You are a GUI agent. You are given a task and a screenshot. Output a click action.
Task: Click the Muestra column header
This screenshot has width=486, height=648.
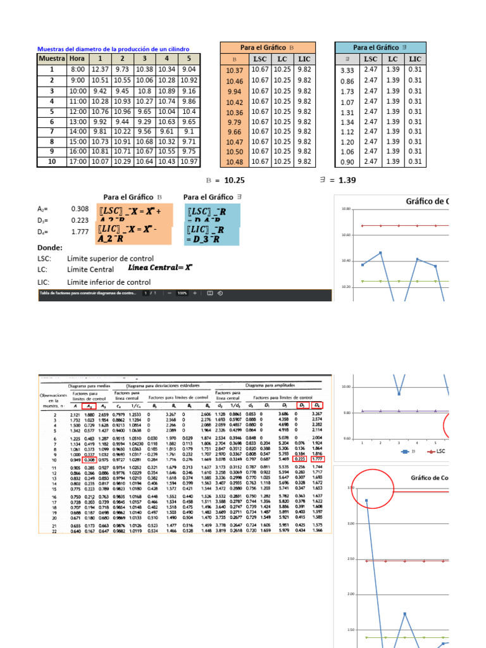[x=52, y=59]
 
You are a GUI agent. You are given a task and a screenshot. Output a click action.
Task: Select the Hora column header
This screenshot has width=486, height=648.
[x=78, y=59]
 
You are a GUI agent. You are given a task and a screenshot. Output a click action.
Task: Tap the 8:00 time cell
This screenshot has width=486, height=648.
[x=78, y=70]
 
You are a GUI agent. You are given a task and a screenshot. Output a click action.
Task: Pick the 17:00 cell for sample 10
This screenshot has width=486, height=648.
[x=78, y=162]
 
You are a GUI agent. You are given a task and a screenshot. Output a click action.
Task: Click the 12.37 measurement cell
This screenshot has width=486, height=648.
[x=100, y=70]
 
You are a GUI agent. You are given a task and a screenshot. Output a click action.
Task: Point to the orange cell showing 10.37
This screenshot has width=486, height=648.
[x=234, y=71]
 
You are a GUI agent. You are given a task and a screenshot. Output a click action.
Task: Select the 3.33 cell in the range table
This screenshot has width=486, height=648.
[x=347, y=71]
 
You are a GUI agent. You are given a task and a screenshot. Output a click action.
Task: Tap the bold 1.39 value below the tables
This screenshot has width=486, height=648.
[x=347, y=180]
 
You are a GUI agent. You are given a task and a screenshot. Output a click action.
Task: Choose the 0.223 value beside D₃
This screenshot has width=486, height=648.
[x=80, y=220]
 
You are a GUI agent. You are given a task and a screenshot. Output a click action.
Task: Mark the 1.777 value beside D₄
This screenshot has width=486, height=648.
[x=80, y=232]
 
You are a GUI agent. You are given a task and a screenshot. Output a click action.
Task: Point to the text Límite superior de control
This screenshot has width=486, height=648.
[x=109, y=259]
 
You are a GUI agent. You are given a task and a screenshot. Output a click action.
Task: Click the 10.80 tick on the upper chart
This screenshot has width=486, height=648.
[x=346, y=209]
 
